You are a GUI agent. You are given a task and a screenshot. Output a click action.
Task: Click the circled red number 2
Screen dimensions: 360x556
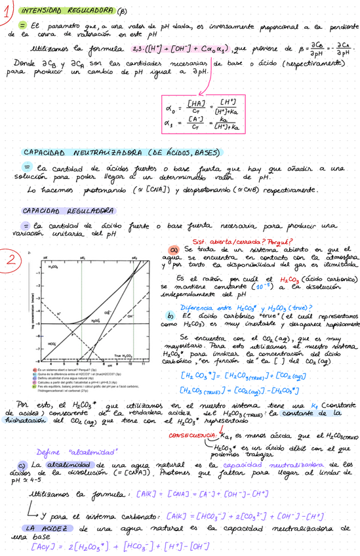click(11, 260)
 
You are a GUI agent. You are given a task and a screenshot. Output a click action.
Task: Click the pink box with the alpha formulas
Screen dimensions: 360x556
click(205, 113)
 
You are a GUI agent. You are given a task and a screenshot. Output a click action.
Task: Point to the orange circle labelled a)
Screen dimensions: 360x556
click(174, 250)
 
